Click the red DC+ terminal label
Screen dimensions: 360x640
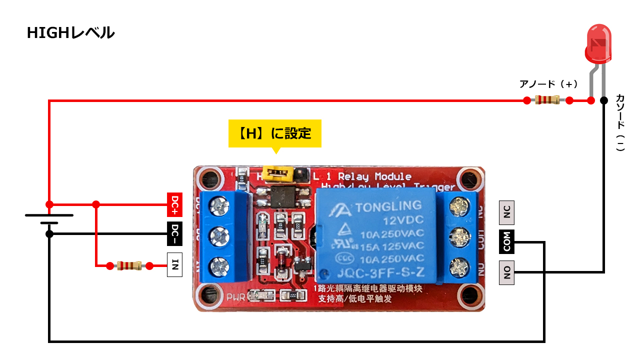click(174, 204)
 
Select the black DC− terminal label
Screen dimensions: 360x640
click(174, 234)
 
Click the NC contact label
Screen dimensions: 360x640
click(506, 212)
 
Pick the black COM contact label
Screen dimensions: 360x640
click(506, 242)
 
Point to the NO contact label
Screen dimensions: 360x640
click(506, 272)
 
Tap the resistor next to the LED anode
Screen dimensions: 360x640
click(547, 100)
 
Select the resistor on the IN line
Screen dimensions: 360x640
click(127, 265)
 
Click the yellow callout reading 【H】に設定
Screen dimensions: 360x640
click(274, 133)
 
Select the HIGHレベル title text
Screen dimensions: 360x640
click(70, 33)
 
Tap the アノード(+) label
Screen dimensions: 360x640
click(548, 84)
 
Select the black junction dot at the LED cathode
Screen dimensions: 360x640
click(604, 100)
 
